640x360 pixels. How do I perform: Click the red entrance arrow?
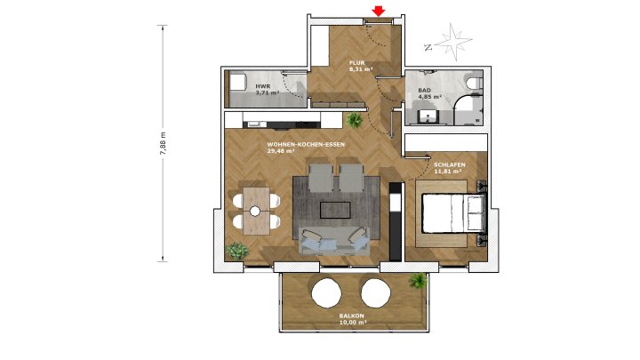click(379, 11)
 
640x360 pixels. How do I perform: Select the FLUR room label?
click(357, 62)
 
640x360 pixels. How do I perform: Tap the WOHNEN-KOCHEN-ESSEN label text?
click(306, 144)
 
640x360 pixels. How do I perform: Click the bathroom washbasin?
click(428, 115)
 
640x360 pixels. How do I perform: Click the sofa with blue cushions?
click(334, 240)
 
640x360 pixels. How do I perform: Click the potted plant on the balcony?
click(417, 281)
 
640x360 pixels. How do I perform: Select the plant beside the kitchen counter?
click(355, 119)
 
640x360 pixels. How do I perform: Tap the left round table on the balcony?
click(324, 291)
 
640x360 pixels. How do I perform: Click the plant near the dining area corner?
click(237, 251)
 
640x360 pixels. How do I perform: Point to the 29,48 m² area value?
click(281, 151)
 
